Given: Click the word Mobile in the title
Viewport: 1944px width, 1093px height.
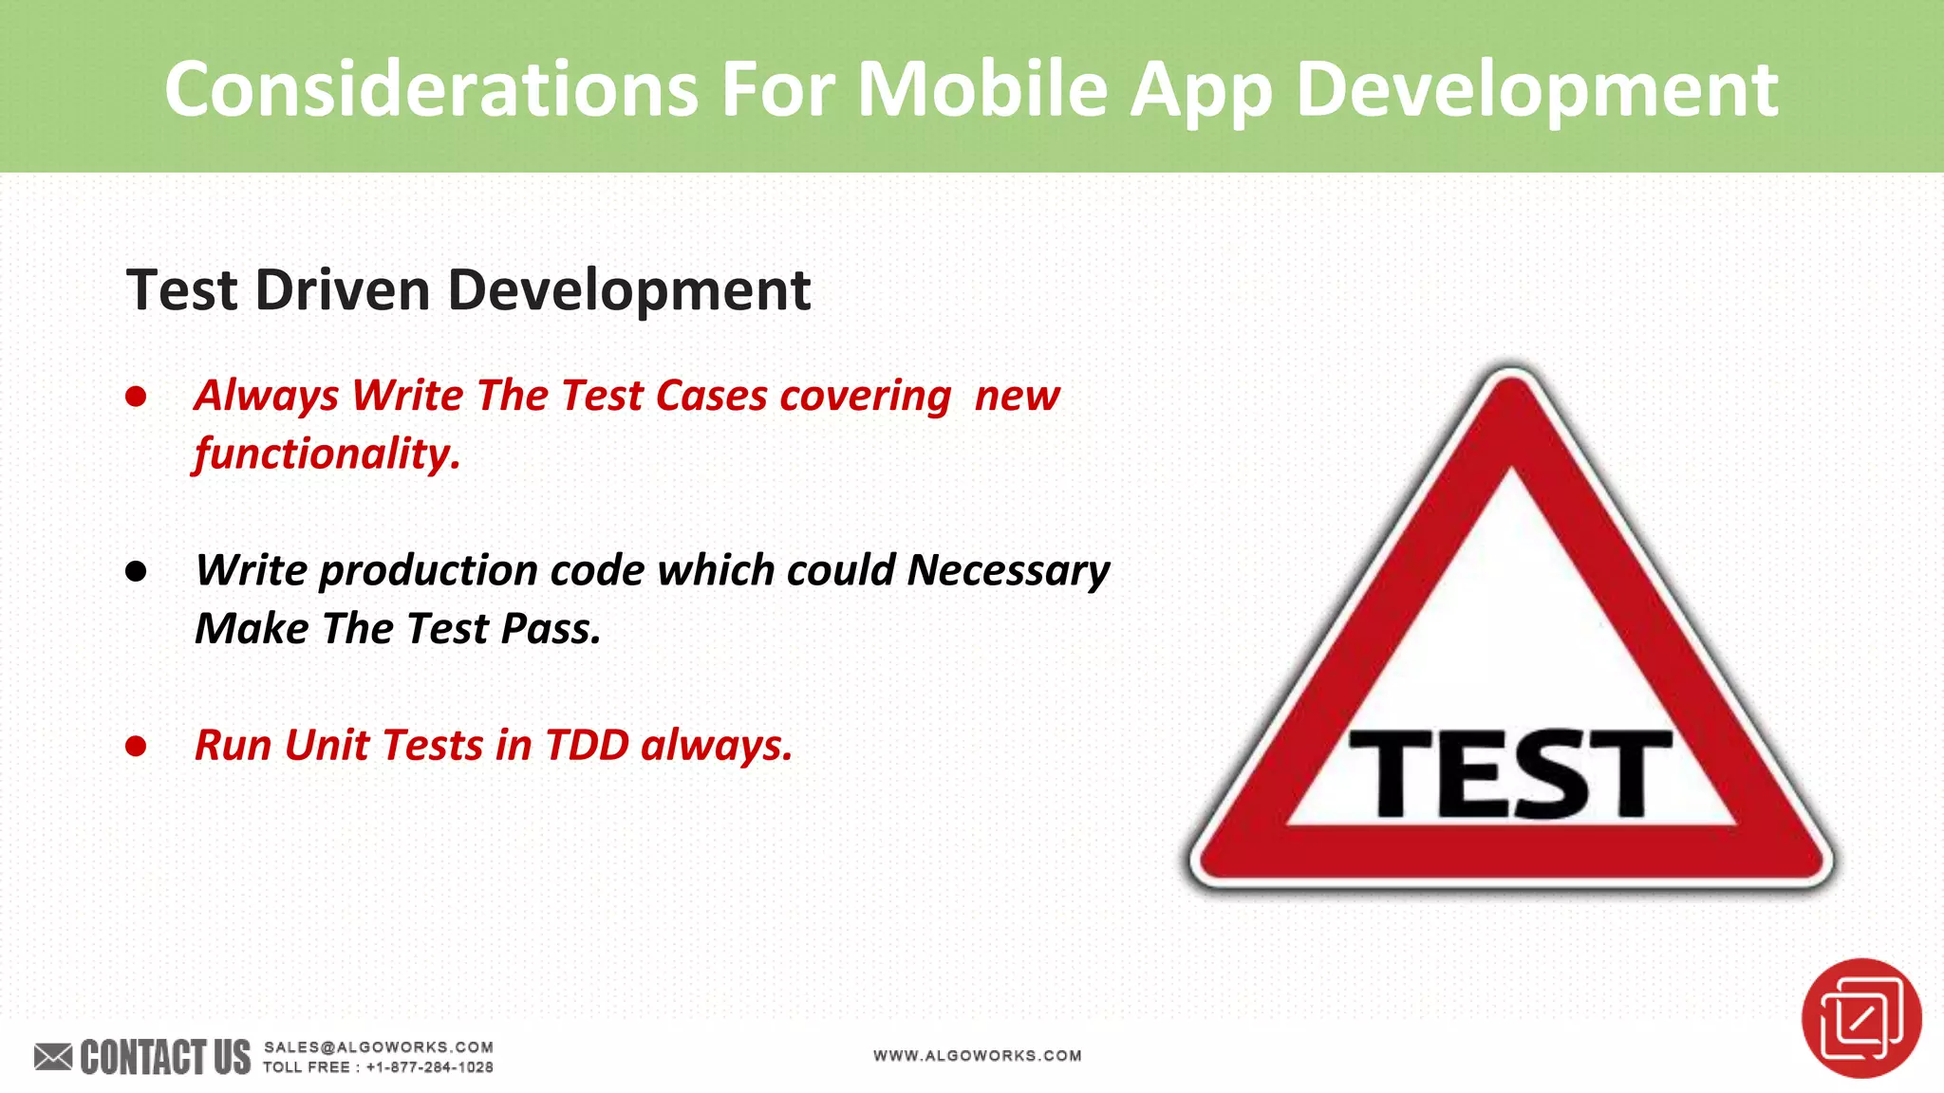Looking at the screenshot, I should click(x=982, y=89).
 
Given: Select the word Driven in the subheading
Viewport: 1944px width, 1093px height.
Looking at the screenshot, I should click(x=343, y=289).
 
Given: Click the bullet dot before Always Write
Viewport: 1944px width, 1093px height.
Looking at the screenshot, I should click(x=136, y=397).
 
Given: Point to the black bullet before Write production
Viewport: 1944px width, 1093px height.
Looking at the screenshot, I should click(x=136, y=571).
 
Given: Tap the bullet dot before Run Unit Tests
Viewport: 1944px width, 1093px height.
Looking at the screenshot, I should click(x=136, y=747).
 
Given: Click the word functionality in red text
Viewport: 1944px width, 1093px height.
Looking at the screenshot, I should click(x=325, y=454).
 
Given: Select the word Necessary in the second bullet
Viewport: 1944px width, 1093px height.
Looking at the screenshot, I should click(x=1008, y=570).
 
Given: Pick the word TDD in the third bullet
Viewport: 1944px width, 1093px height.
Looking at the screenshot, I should click(x=587, y=745).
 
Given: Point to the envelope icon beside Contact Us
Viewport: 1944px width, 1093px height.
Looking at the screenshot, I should click(x=53, y=1056).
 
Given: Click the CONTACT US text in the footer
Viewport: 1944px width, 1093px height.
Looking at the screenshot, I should click(x=165, y=1057).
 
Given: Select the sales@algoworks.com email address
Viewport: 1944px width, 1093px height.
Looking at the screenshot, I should click(x=378, y=1047).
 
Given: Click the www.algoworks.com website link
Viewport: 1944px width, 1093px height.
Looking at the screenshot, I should click(x=977, y=1055).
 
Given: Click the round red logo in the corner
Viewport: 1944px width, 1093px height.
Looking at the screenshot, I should click(x=1860, y=1018).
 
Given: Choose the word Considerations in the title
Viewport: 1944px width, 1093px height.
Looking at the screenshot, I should click(x=432, y=89).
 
